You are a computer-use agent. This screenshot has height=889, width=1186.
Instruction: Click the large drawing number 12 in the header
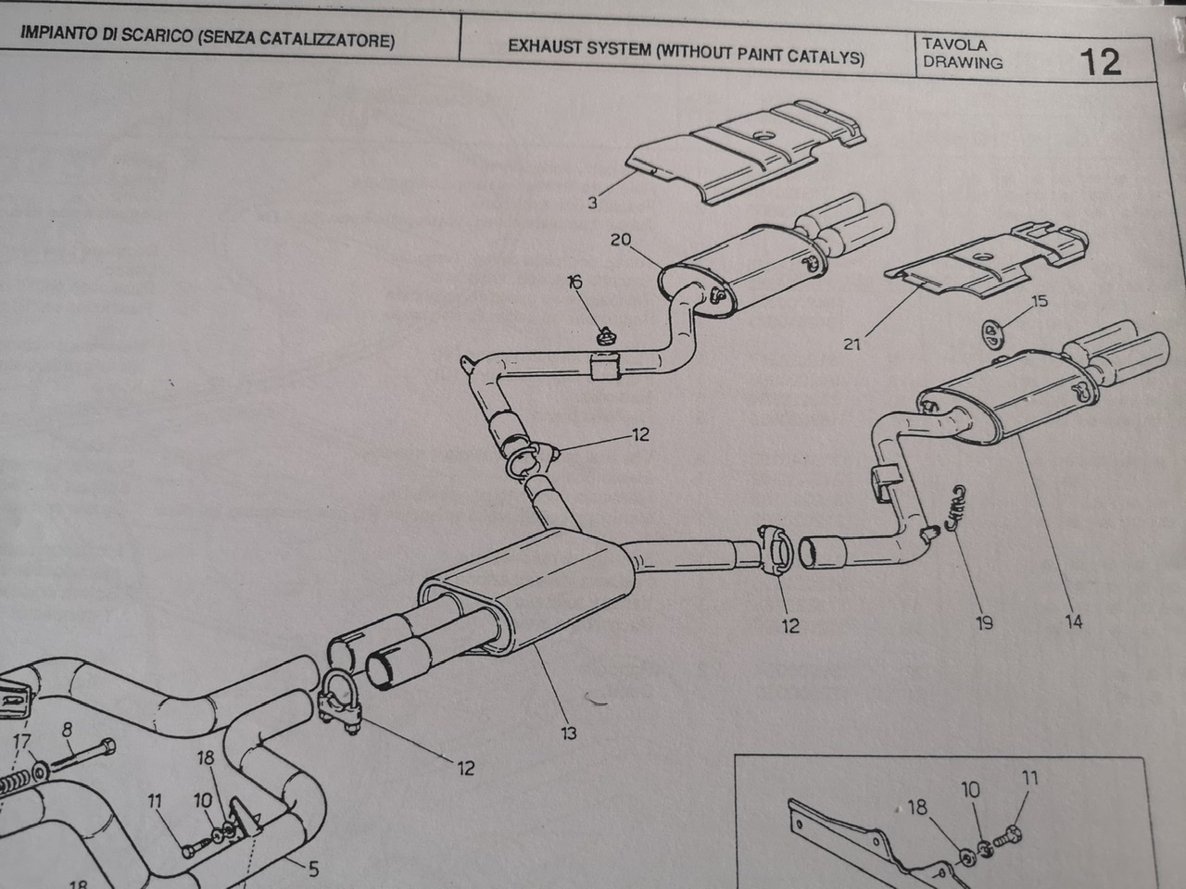tap(1100, 61)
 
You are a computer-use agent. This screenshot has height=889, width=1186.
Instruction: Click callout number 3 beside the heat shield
tap(592, 203)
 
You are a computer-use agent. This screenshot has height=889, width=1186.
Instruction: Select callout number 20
tap(620, 240)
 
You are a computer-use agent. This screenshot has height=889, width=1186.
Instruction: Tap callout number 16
tap(574, 282)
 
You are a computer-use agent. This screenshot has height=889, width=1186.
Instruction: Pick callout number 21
tap(852, 344)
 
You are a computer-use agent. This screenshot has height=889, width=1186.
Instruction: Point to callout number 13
tap(568, 732)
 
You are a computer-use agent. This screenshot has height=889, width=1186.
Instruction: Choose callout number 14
tap(1073, 621)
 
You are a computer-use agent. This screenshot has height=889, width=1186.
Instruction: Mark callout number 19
tap(984, 622)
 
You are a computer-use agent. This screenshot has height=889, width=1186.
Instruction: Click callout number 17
tap(20, 741)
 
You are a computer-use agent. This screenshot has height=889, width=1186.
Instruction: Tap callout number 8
tap(66, 730)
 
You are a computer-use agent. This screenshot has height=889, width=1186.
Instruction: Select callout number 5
tap(313, 869)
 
